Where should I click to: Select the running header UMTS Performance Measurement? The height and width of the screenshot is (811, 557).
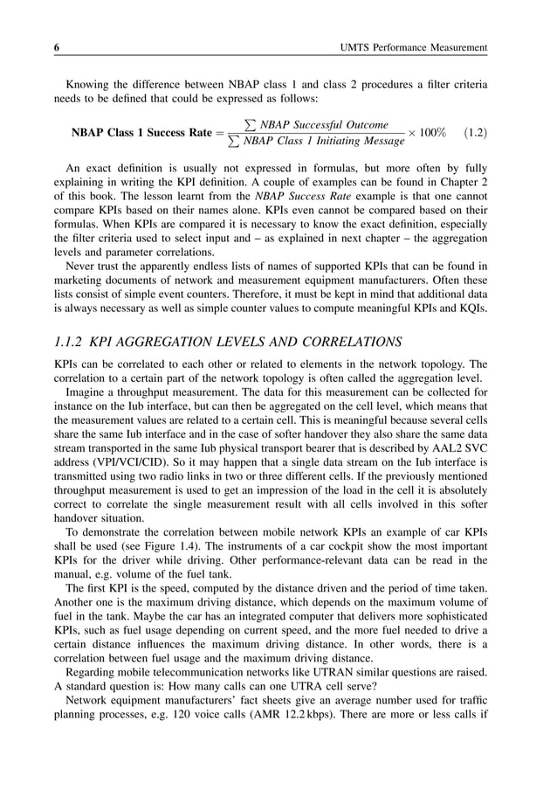[416, 45]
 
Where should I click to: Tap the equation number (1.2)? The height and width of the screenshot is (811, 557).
[475, 133]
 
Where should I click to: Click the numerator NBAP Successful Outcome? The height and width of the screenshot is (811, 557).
[319, 125]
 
